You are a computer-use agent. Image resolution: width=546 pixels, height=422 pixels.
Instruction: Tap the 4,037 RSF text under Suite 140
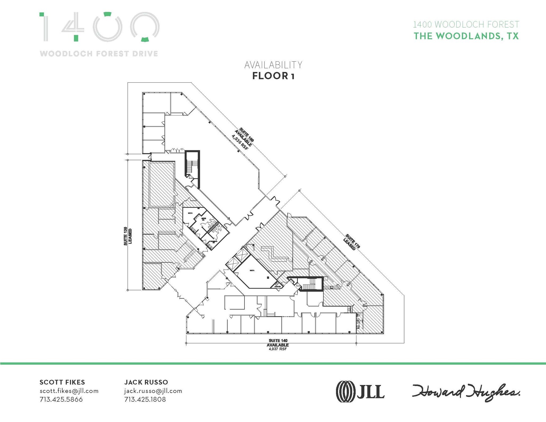278,349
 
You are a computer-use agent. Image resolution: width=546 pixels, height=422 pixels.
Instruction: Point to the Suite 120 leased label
127,236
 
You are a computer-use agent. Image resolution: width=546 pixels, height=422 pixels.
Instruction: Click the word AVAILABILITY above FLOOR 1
273,65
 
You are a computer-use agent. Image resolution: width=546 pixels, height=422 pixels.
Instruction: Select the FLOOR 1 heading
273,76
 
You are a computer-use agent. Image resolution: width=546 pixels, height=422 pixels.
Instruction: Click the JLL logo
360,391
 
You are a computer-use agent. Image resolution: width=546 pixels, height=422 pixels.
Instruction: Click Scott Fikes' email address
69,391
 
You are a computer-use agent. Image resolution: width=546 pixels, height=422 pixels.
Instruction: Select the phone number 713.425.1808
145,399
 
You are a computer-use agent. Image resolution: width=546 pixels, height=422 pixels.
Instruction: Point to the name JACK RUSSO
146,382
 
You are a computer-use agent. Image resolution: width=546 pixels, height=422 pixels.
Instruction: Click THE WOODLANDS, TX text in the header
466,36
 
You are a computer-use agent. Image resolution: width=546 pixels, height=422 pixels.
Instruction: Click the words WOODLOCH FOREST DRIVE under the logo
99,54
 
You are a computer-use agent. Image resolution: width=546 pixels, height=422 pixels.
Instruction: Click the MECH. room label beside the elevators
252,270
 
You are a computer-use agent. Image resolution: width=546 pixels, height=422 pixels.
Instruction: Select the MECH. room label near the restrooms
190,213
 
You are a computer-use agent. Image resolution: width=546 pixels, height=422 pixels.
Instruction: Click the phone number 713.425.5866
61,399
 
